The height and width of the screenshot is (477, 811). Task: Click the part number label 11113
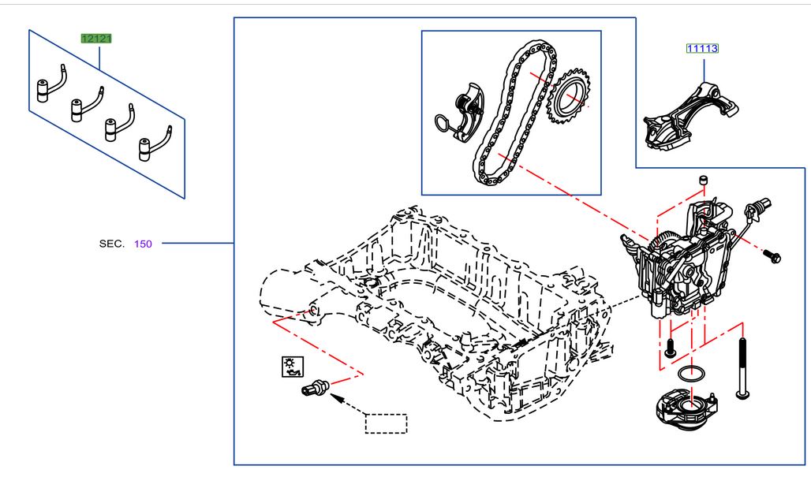[701, 48]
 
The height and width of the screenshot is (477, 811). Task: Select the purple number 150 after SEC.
[143, 244]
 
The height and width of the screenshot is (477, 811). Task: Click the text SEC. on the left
[111, 244]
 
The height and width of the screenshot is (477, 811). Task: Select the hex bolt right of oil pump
[772, 255]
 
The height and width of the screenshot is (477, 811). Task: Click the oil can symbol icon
[292, 365]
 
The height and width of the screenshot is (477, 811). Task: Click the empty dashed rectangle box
[386, 423]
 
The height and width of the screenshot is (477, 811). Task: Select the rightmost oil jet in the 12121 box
[150, 146]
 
